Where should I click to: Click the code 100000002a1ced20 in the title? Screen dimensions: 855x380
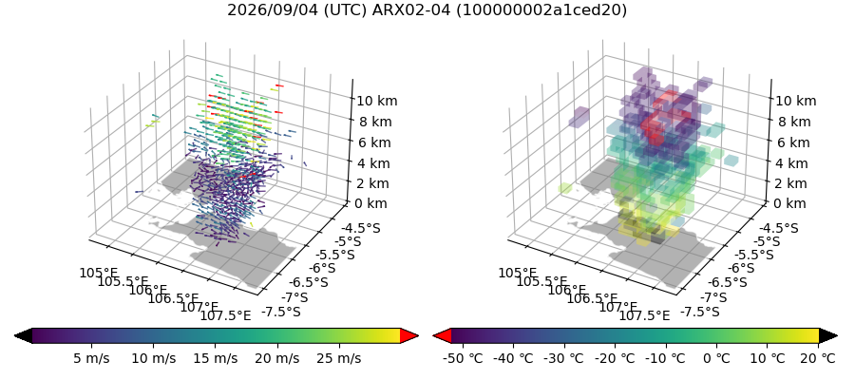[x=541, y=9]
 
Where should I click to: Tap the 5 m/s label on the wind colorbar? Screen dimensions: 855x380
[x=91, y=358]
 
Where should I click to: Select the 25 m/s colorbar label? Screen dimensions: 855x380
[x=340, y=358]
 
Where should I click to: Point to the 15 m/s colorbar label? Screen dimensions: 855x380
[x=216, y=358]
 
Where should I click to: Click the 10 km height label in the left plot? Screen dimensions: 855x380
[x=377, y=101]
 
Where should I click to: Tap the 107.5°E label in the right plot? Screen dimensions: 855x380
[x=644, y=315]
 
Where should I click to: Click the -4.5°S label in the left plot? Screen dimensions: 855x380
[x=360, y=228]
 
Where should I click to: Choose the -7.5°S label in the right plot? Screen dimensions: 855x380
[x=699, y=312]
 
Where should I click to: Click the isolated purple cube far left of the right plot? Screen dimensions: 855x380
[x=579, y=116]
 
